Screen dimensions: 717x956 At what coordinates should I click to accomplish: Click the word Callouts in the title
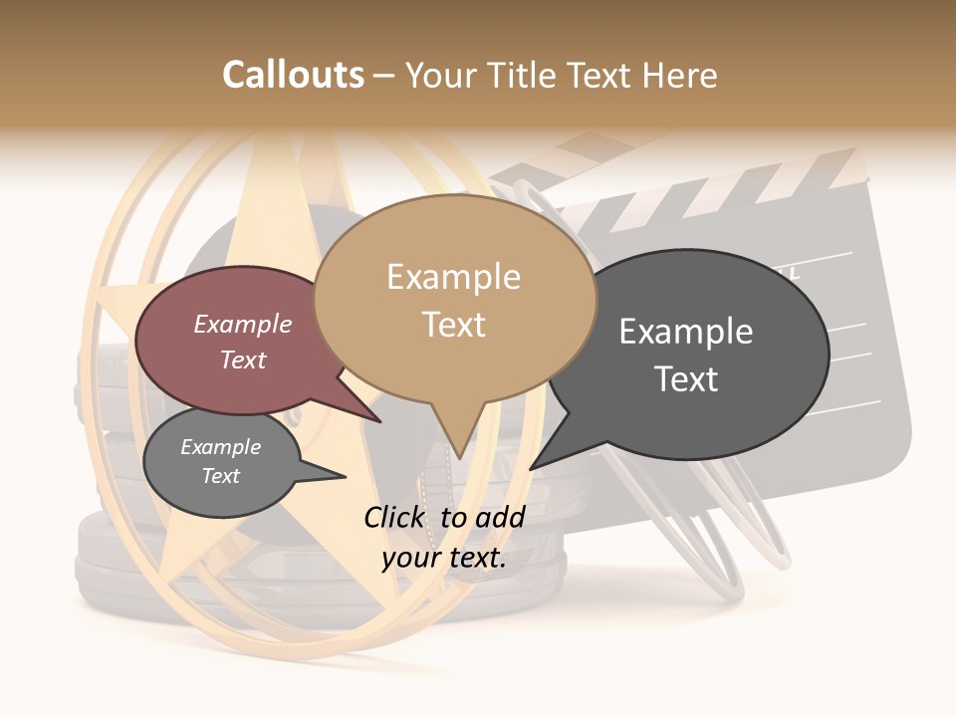pyautogui.click(x=293, y=76)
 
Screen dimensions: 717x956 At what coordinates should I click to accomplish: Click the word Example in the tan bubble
pyautogui.click(x=453, y=277)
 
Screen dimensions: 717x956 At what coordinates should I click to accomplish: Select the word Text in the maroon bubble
pyautogui.click(x=243, y=359)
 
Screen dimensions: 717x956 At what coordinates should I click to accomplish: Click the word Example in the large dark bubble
pyautogui.click(x=685, y=332)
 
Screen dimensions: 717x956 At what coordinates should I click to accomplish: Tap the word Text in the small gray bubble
pyautogui.click(x=220, y=476)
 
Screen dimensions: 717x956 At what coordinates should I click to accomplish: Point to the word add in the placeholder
pyautogui.click(x=500, y=517)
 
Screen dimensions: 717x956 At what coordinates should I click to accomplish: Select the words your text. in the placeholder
pyautogui.click(x=443, y=558)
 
